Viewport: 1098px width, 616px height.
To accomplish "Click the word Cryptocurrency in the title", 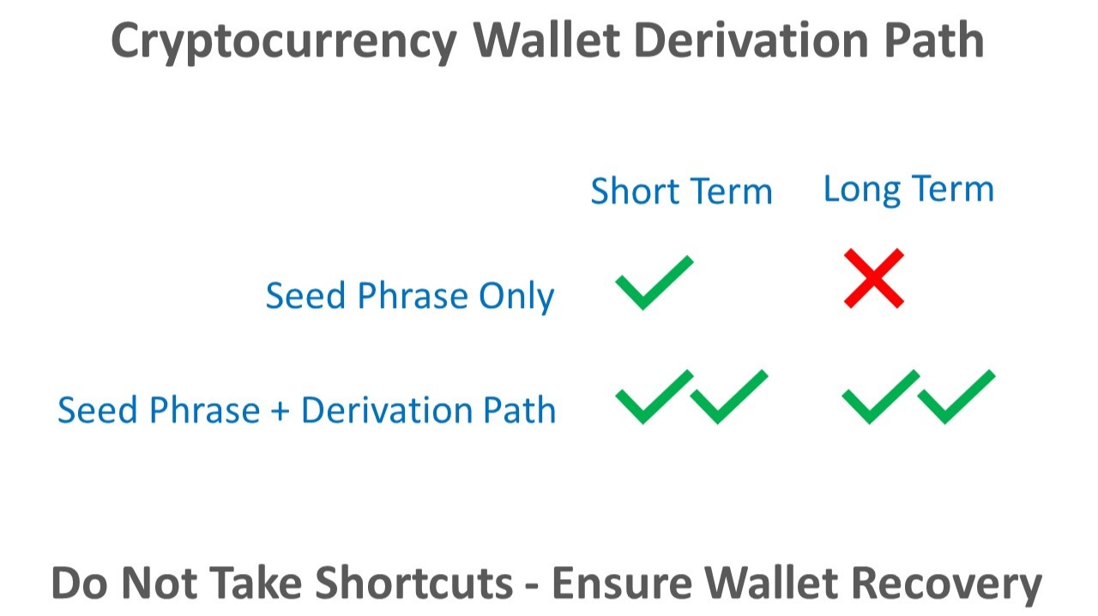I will click(284, 40).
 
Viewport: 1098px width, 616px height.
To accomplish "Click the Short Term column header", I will click(681, 190).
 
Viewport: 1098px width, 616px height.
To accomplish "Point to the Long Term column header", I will click(908, 189).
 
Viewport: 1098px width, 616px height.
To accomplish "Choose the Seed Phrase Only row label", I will click(410, 296).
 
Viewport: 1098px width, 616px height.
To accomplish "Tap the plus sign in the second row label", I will click(280, 410).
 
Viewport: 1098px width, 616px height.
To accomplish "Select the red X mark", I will click(873, 278).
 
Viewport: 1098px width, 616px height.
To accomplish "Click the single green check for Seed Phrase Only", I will click(653, 282).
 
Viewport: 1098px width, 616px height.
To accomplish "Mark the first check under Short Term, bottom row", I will click(653, 396).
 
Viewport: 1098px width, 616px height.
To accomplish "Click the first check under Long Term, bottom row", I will click(880, 396).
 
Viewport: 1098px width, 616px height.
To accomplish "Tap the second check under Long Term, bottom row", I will click(955, 396).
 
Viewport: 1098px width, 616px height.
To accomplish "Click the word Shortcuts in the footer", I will click(414, 583).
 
